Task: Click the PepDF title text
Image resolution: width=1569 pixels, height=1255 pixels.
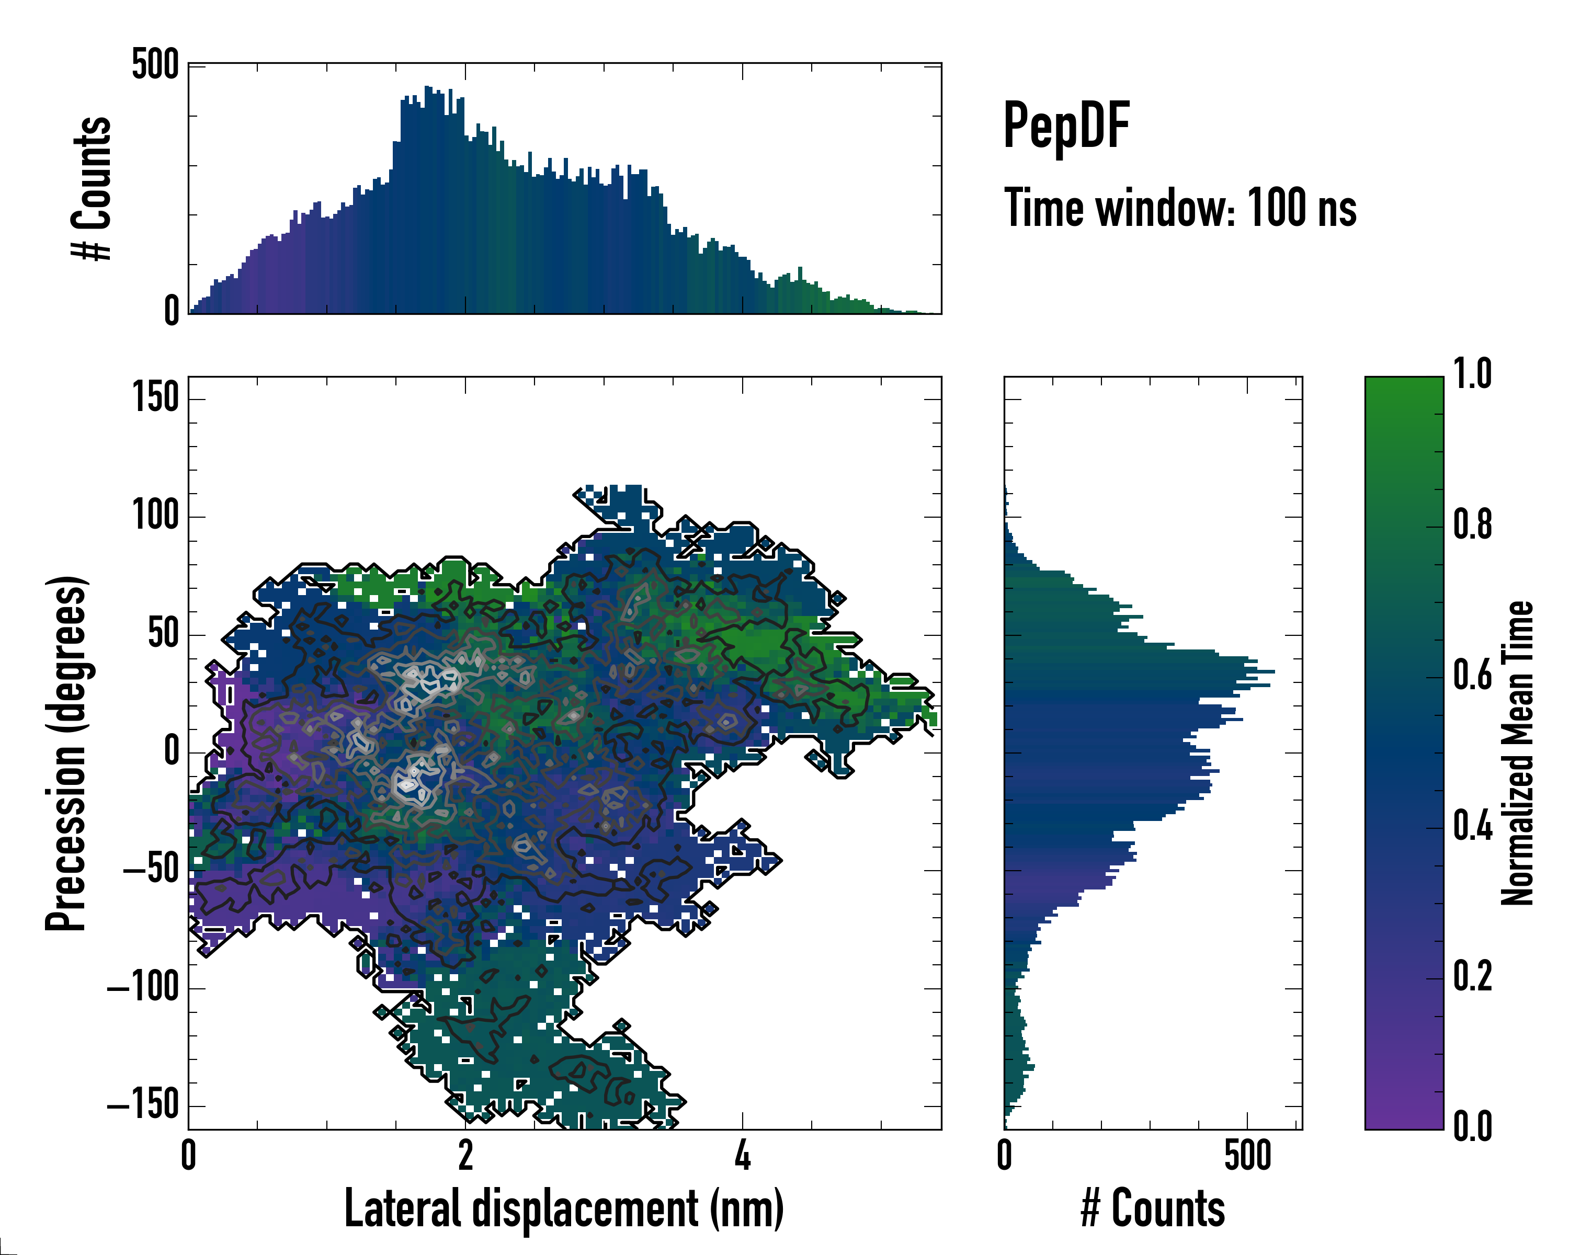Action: point(1065,126)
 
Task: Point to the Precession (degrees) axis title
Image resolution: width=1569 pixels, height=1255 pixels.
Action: point(67,753)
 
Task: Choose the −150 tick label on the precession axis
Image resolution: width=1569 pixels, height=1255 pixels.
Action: point(143,1106)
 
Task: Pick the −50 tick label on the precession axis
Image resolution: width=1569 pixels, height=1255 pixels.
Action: point(151,870)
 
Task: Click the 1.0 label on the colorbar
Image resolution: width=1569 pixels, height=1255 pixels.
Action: point(1472,375)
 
